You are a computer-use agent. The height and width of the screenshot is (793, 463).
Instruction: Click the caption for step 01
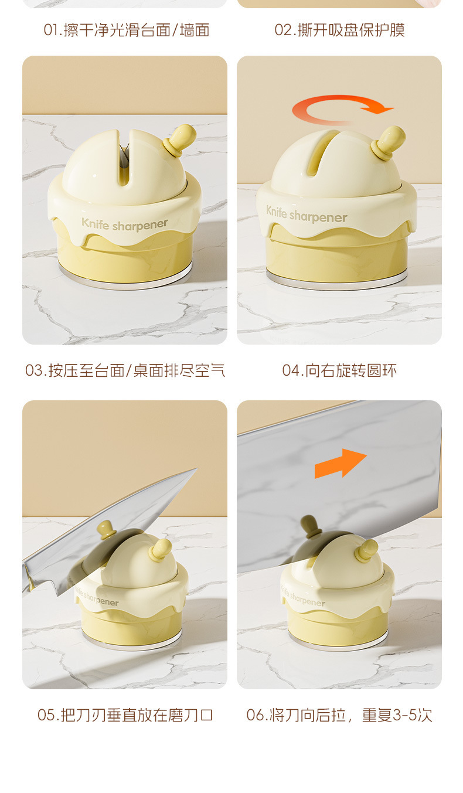pyautogui.click(x=127, y=30)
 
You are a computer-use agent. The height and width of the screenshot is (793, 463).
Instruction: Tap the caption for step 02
pyautogui.click(x=339, y=30)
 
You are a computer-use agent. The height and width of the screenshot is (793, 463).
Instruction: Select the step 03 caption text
pyautogui.click(x=125, y=370)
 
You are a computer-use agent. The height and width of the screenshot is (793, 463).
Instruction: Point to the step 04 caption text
pyautogui.click(x=339, y=370)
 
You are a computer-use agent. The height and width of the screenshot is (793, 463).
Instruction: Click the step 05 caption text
pyautogui.click(x=125, y=715)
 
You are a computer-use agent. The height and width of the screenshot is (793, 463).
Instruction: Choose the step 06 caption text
pyautogui.click(x=339, y=715)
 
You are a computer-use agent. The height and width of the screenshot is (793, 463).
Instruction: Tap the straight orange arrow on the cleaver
pyautogui.click(x=341, y=463)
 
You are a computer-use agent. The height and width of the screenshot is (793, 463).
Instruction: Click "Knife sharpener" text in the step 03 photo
pyautogui.click(x=125, y=224)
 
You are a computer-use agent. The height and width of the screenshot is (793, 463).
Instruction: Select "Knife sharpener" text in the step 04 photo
pyautogui.click(x=307, y=215)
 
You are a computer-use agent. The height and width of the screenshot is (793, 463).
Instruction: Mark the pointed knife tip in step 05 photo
pyautogui.click(x=196, y=469)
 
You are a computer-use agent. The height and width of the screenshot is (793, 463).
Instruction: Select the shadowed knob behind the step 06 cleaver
pyautogui.click(x=311, y=526)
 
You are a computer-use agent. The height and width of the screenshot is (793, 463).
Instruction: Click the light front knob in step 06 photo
pyautogui.click(x=367, y=551)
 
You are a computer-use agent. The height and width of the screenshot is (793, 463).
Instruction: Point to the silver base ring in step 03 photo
pyautogui.click(x=125, y=280)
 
